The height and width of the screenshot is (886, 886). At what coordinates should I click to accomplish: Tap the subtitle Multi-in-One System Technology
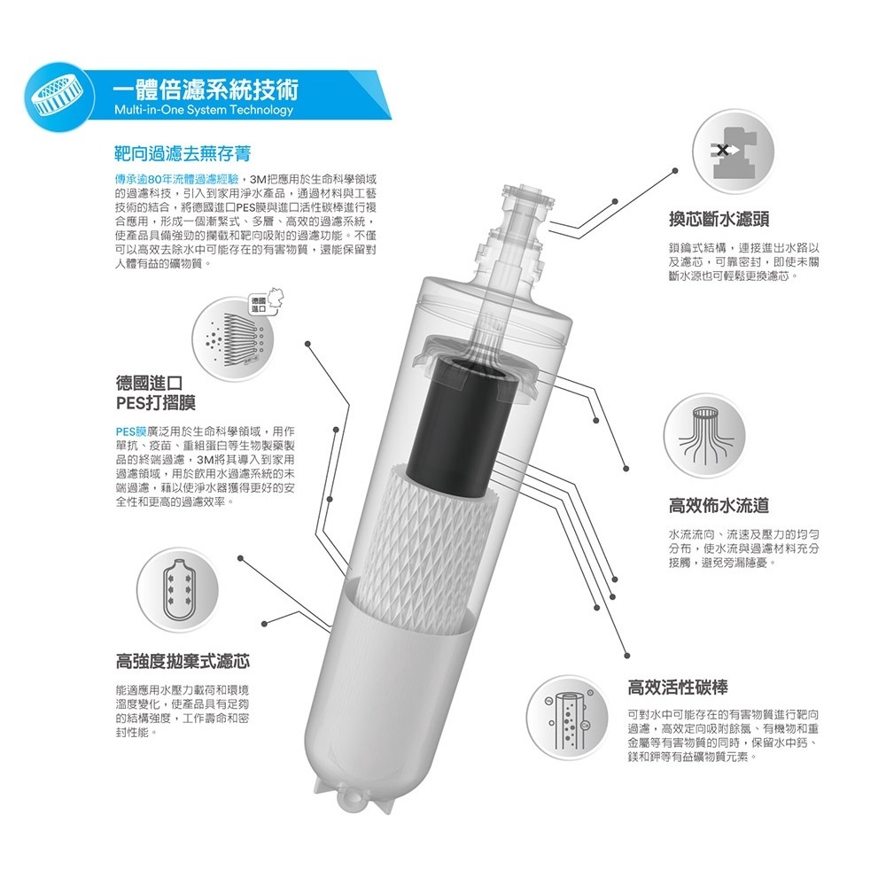coord(203,110)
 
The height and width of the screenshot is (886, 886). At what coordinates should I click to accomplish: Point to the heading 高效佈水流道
coord(718,506)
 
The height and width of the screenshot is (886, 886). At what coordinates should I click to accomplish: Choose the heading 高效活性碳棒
coord(678,686)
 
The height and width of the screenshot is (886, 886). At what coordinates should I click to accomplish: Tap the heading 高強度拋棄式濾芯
coord(183,661)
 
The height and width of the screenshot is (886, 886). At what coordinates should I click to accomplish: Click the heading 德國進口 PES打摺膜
coord(149,393)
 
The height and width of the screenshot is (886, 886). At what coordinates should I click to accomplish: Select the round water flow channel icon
coord(704,433)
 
